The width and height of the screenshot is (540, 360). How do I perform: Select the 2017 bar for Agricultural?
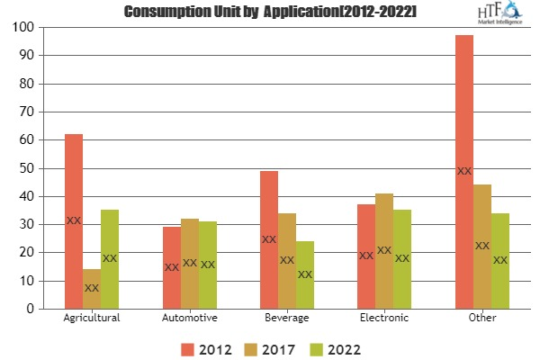point(92,288)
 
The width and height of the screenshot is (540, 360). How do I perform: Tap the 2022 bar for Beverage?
point(305,274)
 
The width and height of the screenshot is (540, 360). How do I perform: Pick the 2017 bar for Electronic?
point(384,250)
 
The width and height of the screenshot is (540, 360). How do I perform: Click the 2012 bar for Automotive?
point(171,267)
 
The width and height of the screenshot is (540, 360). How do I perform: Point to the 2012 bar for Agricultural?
point(74,220)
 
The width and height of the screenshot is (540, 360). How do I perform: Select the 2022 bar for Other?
point(500,260)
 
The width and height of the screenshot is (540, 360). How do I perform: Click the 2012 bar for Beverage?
point(268,239)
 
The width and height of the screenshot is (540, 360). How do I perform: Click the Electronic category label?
point(384,319)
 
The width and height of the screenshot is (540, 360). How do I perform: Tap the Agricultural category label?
point(92,319)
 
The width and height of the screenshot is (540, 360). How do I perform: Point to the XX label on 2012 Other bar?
point(463,171)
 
